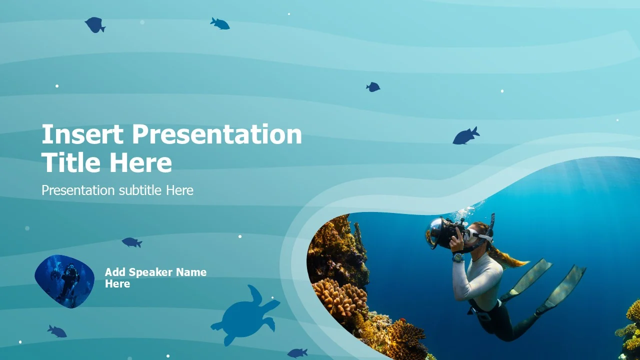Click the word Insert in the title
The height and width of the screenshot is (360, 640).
82,134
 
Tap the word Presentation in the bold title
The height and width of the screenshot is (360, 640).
217,134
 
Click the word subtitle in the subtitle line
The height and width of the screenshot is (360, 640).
140,190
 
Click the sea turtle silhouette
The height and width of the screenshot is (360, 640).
245,315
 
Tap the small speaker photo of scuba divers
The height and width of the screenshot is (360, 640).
64,281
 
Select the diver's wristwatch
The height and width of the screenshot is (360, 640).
458,257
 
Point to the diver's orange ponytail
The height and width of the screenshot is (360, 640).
507,258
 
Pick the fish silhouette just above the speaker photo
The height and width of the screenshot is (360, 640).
131,242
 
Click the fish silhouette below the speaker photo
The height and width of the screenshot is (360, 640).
57,331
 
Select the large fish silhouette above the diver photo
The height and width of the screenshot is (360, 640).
466,135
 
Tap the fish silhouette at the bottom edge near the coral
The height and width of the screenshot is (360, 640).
297,353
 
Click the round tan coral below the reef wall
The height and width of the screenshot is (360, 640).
340,297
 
